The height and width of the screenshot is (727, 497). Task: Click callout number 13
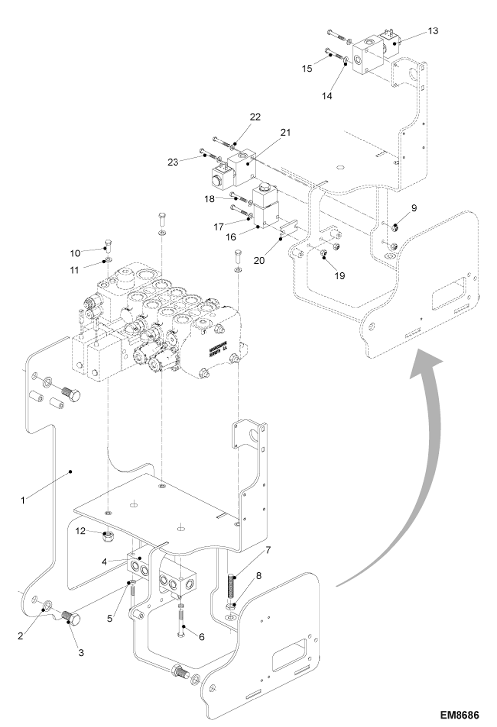point(433,31)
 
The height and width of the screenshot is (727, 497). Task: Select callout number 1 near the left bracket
point(23,500)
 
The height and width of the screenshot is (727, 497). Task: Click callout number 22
point(255,117)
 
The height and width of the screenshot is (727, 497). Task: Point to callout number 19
point(340,276)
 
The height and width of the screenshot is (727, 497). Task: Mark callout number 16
point(231,237)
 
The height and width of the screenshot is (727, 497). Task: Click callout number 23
point(173,162)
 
